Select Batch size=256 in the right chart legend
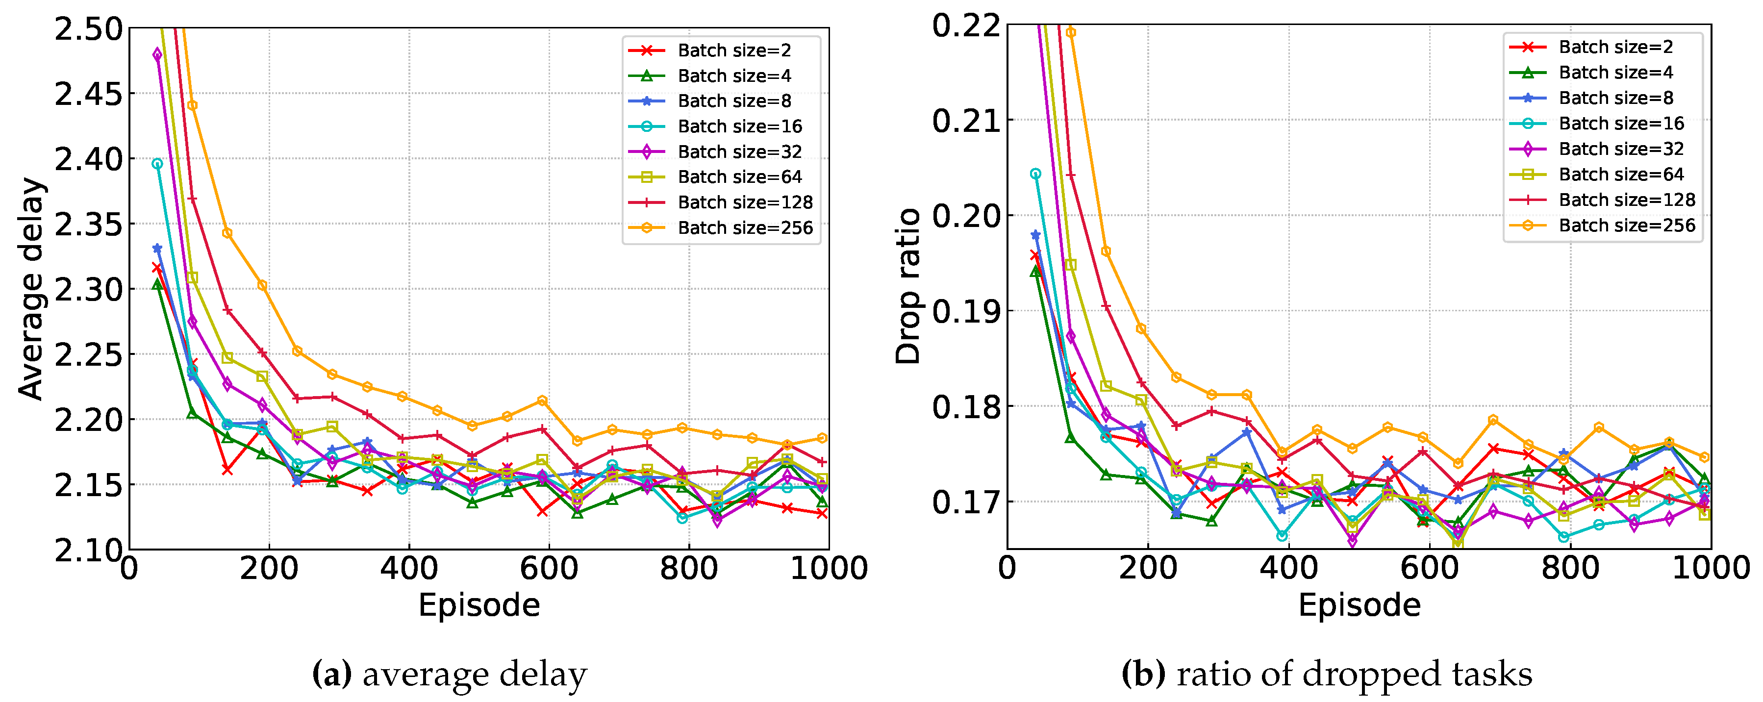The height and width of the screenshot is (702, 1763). click(1626, 226)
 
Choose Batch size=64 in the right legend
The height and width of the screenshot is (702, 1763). click(1621, 175)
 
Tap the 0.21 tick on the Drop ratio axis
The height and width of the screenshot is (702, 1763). click(966, 121)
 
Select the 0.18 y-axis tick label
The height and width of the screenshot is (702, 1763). click(966, 407)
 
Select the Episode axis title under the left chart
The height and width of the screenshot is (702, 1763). click(479, 605)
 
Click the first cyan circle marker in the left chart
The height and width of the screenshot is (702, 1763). click(157, 164)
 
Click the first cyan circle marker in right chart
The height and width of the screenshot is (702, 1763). click(1035, 175)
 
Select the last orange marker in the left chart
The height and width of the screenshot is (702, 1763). click(822, 438)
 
